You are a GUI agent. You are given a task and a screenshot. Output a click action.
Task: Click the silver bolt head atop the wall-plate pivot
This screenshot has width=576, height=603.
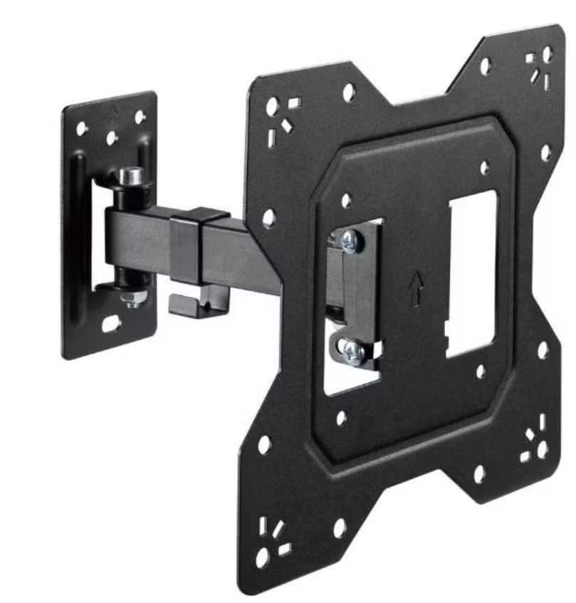coord(130,175)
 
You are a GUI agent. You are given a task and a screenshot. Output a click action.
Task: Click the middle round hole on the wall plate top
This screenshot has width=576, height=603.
coord(112,137)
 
